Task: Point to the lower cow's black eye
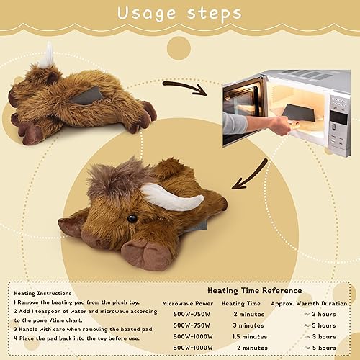pyautogui.click(x=132, y=218)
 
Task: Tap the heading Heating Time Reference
pyautogui.click(x=255, y=290)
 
